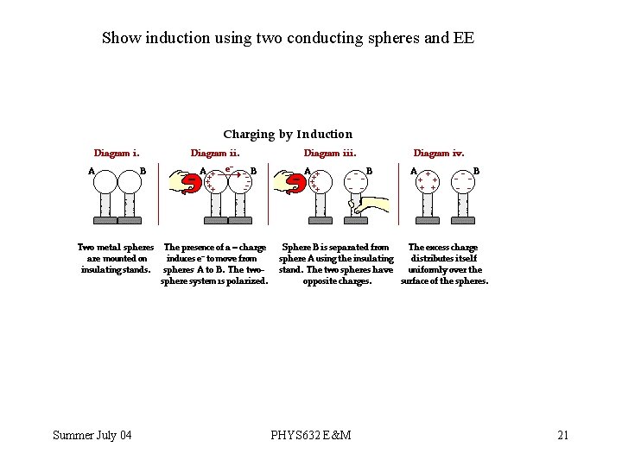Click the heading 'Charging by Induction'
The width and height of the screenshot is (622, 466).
(x=288, y=135)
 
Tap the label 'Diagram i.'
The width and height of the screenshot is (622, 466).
(x=117, y=153)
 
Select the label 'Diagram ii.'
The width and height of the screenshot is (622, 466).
(x=215, y=153)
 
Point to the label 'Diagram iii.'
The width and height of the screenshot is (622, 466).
(x=330, y=153)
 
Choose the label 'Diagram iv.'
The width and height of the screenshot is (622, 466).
(x=439, y=153)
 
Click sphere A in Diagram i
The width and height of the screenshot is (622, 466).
(x=105, y=182)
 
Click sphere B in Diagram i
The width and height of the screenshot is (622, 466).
(x=130, y=182)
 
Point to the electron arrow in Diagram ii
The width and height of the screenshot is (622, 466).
(x=229, y=174)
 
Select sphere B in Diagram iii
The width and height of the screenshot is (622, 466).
(x=355, y=182)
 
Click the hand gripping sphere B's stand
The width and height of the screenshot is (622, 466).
(x=369, y=204)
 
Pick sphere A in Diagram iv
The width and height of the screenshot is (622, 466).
(x=428, y=182)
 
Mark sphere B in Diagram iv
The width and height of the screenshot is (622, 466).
(x=462, y=182)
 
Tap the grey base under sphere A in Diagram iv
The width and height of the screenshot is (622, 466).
(x=428, y=221)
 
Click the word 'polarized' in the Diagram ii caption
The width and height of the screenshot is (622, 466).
(x=247, y=281)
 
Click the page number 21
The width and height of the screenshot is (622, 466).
(x=563, y=435)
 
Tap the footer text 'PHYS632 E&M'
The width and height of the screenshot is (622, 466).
(x=311, y=435)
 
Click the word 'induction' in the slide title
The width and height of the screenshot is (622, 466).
(x=177, y=38)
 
